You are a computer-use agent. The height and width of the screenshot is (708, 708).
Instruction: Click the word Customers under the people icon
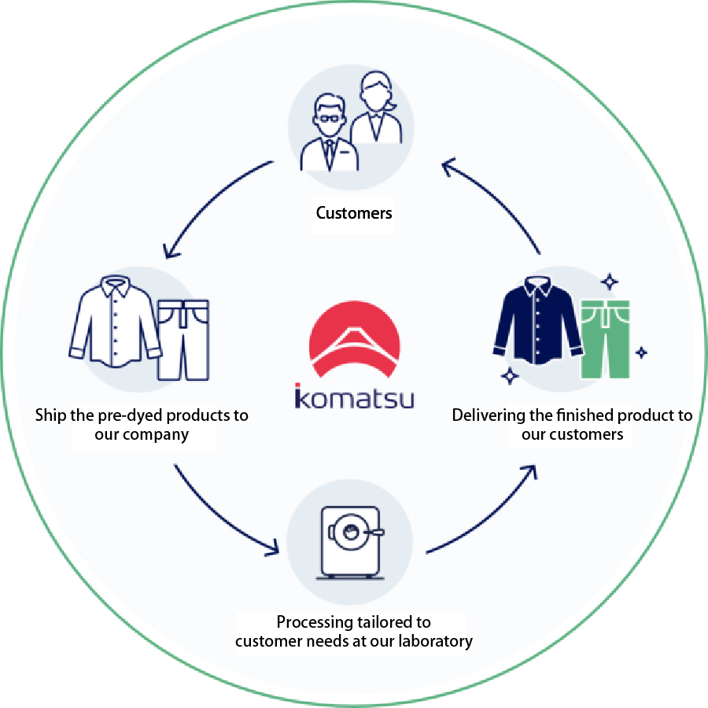pos(354,212)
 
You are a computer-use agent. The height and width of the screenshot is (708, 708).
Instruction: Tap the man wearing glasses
pos(330,133)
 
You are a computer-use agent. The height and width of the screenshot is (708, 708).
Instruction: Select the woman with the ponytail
pos(376,108)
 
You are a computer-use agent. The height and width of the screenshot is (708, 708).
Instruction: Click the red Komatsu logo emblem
pos(355,338)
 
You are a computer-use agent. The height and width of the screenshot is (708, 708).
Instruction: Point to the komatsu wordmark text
pos(355,396)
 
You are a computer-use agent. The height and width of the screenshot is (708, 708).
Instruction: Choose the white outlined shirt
pos(115,322)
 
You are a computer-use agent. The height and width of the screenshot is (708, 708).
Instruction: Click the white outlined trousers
pos(183,340)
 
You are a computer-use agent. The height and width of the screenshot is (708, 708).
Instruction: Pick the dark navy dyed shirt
pos(537,320)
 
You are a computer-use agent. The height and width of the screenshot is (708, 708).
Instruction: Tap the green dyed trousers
pos(605,339)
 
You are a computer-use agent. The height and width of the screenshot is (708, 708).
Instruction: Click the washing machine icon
pos(350,543)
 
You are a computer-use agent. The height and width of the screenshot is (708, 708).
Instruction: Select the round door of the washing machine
pos(350,532)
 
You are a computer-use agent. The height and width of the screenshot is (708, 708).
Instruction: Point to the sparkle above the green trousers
pos(610,282)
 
